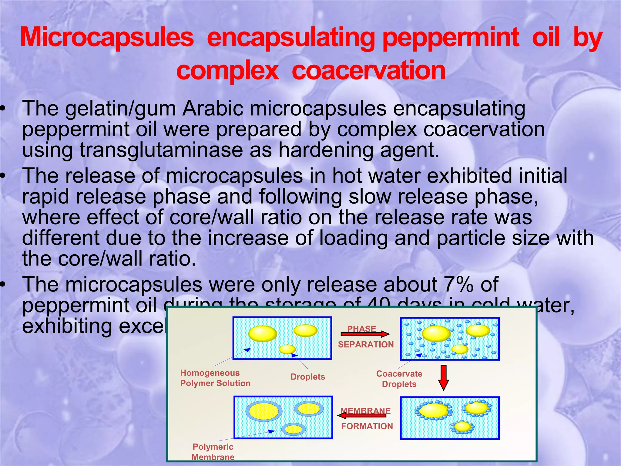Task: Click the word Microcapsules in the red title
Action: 107,38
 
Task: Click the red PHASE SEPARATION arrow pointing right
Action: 365,334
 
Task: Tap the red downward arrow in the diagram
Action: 443,377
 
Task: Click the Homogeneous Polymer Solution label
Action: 215,378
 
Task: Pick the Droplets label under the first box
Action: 307,377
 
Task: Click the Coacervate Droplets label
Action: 399,379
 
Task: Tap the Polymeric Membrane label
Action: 213,452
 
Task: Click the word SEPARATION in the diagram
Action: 366,345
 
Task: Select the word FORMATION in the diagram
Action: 367,426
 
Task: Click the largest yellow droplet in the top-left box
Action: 262,334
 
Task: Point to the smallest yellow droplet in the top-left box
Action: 287,349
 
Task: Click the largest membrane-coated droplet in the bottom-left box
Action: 264,411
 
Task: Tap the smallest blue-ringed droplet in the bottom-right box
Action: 463,427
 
